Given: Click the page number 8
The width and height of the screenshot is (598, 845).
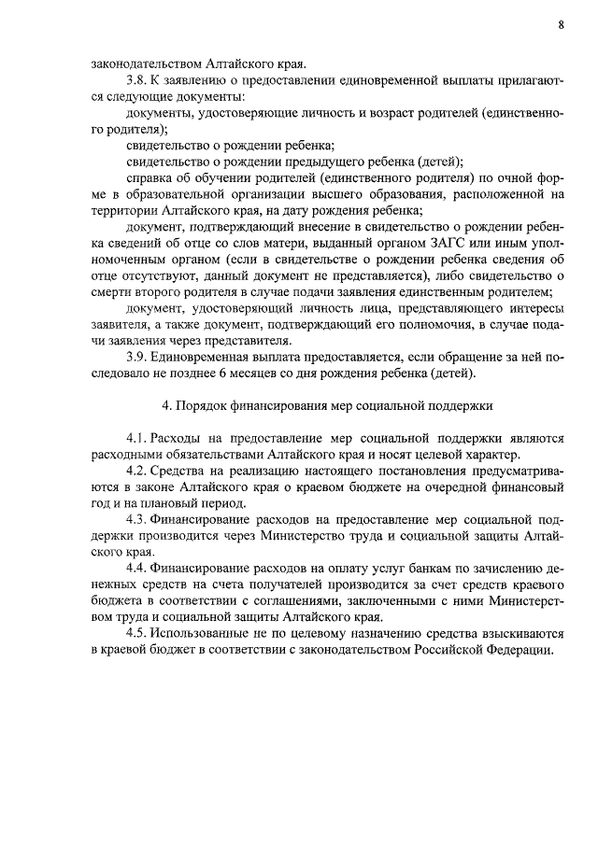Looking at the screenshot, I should click(561, 25).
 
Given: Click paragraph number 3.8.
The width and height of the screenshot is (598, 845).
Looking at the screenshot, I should click(137, 81).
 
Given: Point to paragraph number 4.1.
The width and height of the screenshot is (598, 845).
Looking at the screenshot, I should click(137, 439).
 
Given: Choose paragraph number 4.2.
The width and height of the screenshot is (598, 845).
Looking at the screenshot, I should click(137, 471).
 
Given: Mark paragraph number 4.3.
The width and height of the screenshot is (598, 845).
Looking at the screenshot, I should click(137, 519).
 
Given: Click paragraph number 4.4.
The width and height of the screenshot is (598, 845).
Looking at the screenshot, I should click(137, 568).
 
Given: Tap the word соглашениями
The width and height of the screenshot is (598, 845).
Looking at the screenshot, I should click(297, 600).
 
